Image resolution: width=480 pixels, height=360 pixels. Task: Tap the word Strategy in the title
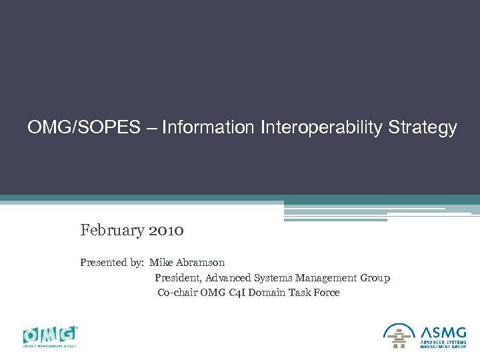tap(425, 127)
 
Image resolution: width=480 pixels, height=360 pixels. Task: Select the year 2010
tap(167, 231)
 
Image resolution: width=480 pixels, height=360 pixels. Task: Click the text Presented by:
tap(112, 263)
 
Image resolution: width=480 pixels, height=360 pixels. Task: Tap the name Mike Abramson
tap(187, 263)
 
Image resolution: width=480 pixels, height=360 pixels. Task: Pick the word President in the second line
tap(178, 278)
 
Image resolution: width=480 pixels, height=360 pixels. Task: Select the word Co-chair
tap(177, 293)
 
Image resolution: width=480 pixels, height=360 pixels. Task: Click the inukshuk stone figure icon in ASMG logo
tap(399, 335)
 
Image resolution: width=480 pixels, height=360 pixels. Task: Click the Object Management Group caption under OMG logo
tap(50, 346)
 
